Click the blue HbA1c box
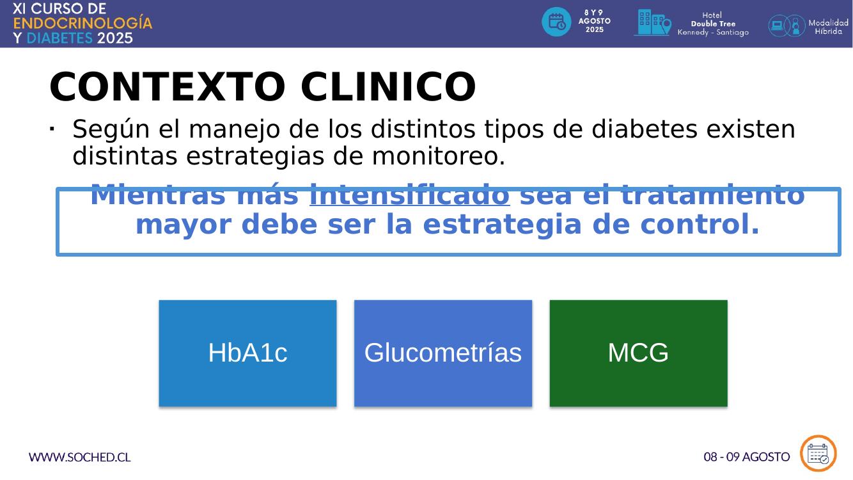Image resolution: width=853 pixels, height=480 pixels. tap(247, 353)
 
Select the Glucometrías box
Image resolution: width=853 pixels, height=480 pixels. tap(443, 353)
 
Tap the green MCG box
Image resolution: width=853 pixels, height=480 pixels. tap(638, 353)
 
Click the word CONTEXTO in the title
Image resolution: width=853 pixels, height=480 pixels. tap(168, 86)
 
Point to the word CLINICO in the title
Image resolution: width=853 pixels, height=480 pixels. tap(388, 86)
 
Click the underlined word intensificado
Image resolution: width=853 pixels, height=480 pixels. tap(410, 195)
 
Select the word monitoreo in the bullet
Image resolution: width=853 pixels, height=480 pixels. tap(438, 156)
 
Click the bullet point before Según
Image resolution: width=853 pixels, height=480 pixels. tap(52, 129)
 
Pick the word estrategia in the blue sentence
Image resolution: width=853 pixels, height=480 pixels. tap(503, 225)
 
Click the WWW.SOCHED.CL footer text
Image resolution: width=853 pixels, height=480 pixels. tap(79, 457)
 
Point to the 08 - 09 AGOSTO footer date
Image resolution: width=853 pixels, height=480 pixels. tap(747, 457)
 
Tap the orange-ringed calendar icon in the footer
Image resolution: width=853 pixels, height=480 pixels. tap(818, 454)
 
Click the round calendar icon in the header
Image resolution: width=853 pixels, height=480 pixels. tap(556, 22)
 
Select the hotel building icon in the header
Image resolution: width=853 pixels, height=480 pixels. tap(652, 22)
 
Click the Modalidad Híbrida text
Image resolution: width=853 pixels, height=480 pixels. tap(829, 27)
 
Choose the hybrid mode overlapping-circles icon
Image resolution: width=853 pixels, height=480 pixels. tap(786, 26)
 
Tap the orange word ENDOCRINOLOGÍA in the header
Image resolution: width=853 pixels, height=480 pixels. tap(82, 23)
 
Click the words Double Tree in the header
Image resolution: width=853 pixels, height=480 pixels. tap(713, 24)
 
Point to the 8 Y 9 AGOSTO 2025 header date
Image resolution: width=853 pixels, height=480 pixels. tap(595, 21)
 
